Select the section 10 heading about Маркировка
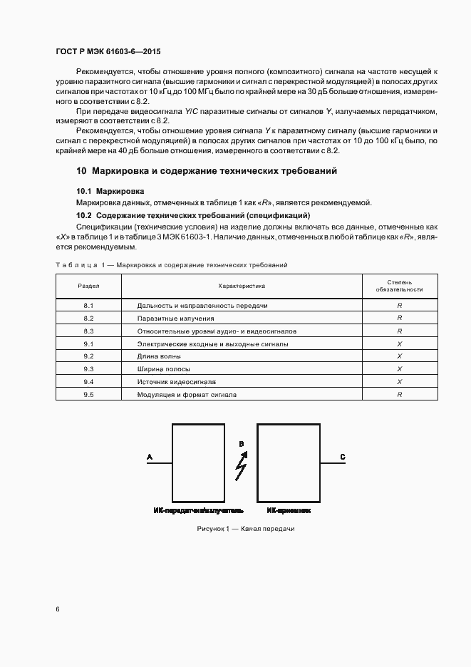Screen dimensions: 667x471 click(207, 171)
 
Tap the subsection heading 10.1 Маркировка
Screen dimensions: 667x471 click(110, 192)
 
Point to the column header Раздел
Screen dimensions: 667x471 click(88, 286)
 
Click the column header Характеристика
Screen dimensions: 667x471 click(242, 286)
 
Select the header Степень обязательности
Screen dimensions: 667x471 click(400, 286)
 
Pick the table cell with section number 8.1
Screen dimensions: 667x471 click(88, 305)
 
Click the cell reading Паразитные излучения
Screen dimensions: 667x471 click(175, 318)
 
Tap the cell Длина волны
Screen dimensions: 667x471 click(159, 356)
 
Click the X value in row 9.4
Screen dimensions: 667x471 click(400, 381)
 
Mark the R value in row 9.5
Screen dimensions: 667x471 click(400, 394)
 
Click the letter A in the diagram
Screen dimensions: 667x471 click(149, 456)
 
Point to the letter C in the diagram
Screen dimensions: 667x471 click(343, 456)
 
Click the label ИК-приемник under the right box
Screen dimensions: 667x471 click(289, 510)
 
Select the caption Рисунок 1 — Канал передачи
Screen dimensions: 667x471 click(245, 529)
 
